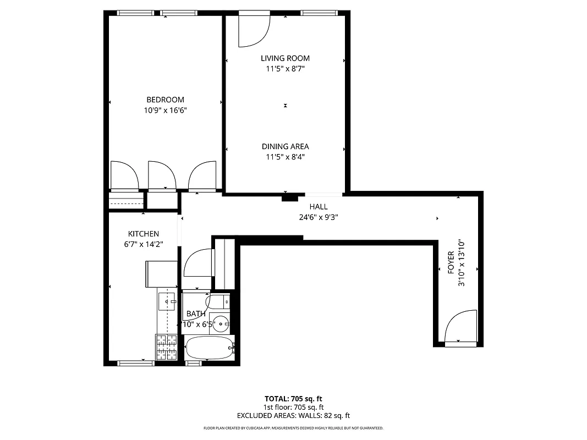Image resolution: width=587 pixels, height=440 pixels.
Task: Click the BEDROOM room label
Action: tap(165, 100)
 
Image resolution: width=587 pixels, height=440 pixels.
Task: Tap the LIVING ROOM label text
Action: tap(285, 58)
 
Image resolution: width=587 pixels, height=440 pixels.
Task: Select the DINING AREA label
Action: tap(285, 146)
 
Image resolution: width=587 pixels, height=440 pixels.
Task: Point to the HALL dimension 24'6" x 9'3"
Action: tap(318, 217)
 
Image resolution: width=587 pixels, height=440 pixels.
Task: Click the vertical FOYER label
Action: tap(451, 263)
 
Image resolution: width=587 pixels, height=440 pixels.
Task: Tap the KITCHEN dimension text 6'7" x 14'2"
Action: tap(144, 244)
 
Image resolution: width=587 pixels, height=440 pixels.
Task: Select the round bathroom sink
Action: tap(222, 323)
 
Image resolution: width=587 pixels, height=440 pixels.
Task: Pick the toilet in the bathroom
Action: tap(217, 301)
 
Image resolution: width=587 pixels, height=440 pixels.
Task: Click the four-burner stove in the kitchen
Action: tap(167, 348)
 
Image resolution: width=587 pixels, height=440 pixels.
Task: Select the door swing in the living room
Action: tap(254, 31)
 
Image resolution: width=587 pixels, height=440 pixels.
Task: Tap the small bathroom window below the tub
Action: tap(194, 362)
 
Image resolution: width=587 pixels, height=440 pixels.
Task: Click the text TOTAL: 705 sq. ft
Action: tap(293, 398)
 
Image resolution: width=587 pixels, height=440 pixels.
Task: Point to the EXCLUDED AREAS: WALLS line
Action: tap(293, 416)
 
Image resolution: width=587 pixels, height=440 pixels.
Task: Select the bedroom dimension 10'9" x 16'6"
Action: tap(165, 110)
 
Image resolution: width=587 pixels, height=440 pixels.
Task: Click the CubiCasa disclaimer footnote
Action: tap(293, 428)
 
